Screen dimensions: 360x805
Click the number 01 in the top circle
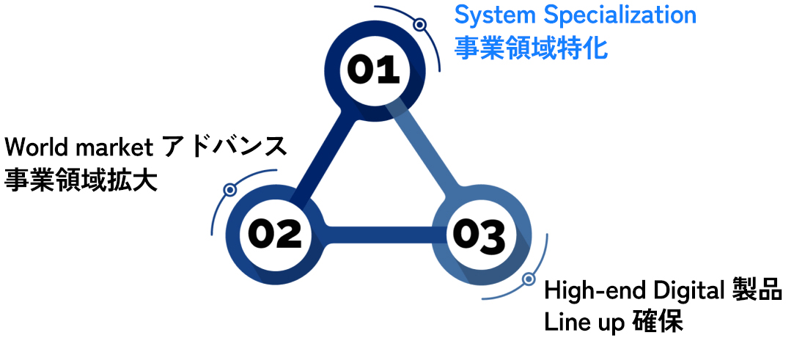pyautogui.click(x=373, y=70)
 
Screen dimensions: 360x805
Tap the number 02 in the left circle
pyautogui.click(x=274, y=233)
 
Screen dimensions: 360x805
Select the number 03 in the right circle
pyautogui.click(x=479, y=235)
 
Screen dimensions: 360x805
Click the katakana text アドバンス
pyautogui.click(x=224, y=147)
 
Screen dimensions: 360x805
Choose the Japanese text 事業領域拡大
pyautogui.click(x=81, y=180)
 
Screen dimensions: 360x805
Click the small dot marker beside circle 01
pyautogui.click(x=419, y=25)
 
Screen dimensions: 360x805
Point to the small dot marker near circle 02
pyautogui.click(x=229, y=190)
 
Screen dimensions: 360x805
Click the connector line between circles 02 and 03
pyautogui.click(x=376, y=235)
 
